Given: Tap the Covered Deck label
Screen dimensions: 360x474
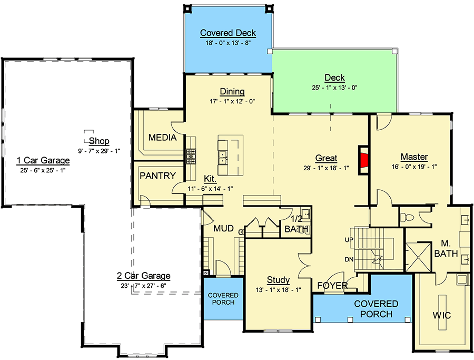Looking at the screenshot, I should pos(228,33).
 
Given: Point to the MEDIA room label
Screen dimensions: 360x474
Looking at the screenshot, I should pos(162,138).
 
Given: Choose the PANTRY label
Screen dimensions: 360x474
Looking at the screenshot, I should pos(157,176).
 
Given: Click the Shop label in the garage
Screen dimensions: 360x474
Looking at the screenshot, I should pos(99,141).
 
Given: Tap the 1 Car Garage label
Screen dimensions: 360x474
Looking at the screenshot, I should pos(43,160).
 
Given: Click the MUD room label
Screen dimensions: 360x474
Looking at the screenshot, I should pos(223,229).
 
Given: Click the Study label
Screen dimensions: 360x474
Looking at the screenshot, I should pos(278,280).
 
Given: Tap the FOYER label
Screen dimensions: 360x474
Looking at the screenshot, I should pos(332,286).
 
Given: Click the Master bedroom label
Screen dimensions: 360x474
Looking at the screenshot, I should pos(414,157).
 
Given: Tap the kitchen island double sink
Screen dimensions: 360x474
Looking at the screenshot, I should pos(223,159).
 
